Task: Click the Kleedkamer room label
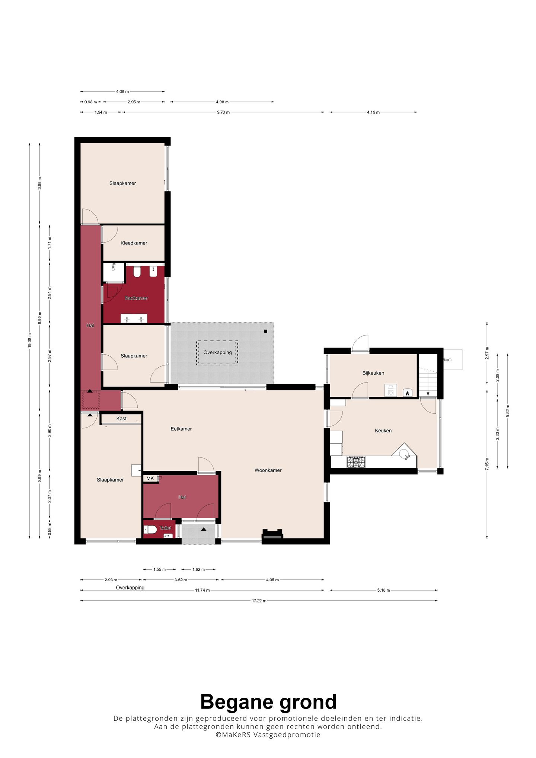[134, 243]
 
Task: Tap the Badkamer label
[136, 298]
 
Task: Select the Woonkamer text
[268, 470]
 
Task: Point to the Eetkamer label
[181, 429]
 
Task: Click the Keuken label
[383, 431]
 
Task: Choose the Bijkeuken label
[373, 373]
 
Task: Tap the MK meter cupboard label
[150, 479]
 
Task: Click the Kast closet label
[121, 419]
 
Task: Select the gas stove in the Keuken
[356, 462]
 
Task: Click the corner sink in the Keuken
[404, 454]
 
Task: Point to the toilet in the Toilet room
[150, 530]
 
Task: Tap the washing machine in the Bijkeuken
[391, 391]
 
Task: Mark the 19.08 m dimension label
[29, 340]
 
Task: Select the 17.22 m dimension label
[259, 601]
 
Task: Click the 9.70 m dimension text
[223, 112]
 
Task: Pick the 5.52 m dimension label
[508, 411]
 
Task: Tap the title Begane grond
[268, 702]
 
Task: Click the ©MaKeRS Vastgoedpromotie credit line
[268, 735]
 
